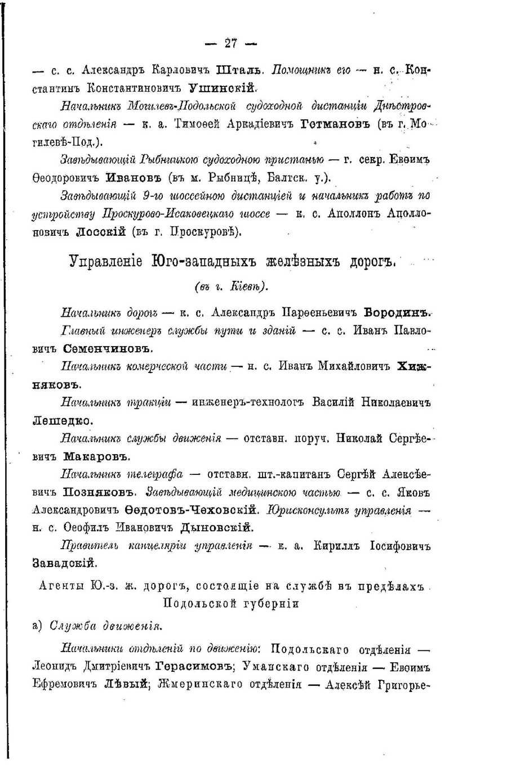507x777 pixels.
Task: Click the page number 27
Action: click(230, 43)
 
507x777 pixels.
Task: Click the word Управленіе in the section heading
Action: click(106, 262)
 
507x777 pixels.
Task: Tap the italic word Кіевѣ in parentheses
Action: click(246, 286)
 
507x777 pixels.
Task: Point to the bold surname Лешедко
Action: click(62, 420)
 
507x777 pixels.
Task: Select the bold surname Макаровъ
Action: click(96, 456)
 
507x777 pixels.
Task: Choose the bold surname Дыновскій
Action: click(216, 528)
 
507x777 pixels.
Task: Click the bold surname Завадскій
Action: click(65, 563)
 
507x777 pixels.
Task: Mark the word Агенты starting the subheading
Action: click(60, 586)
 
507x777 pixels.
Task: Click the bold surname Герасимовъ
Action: click(194, 667)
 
